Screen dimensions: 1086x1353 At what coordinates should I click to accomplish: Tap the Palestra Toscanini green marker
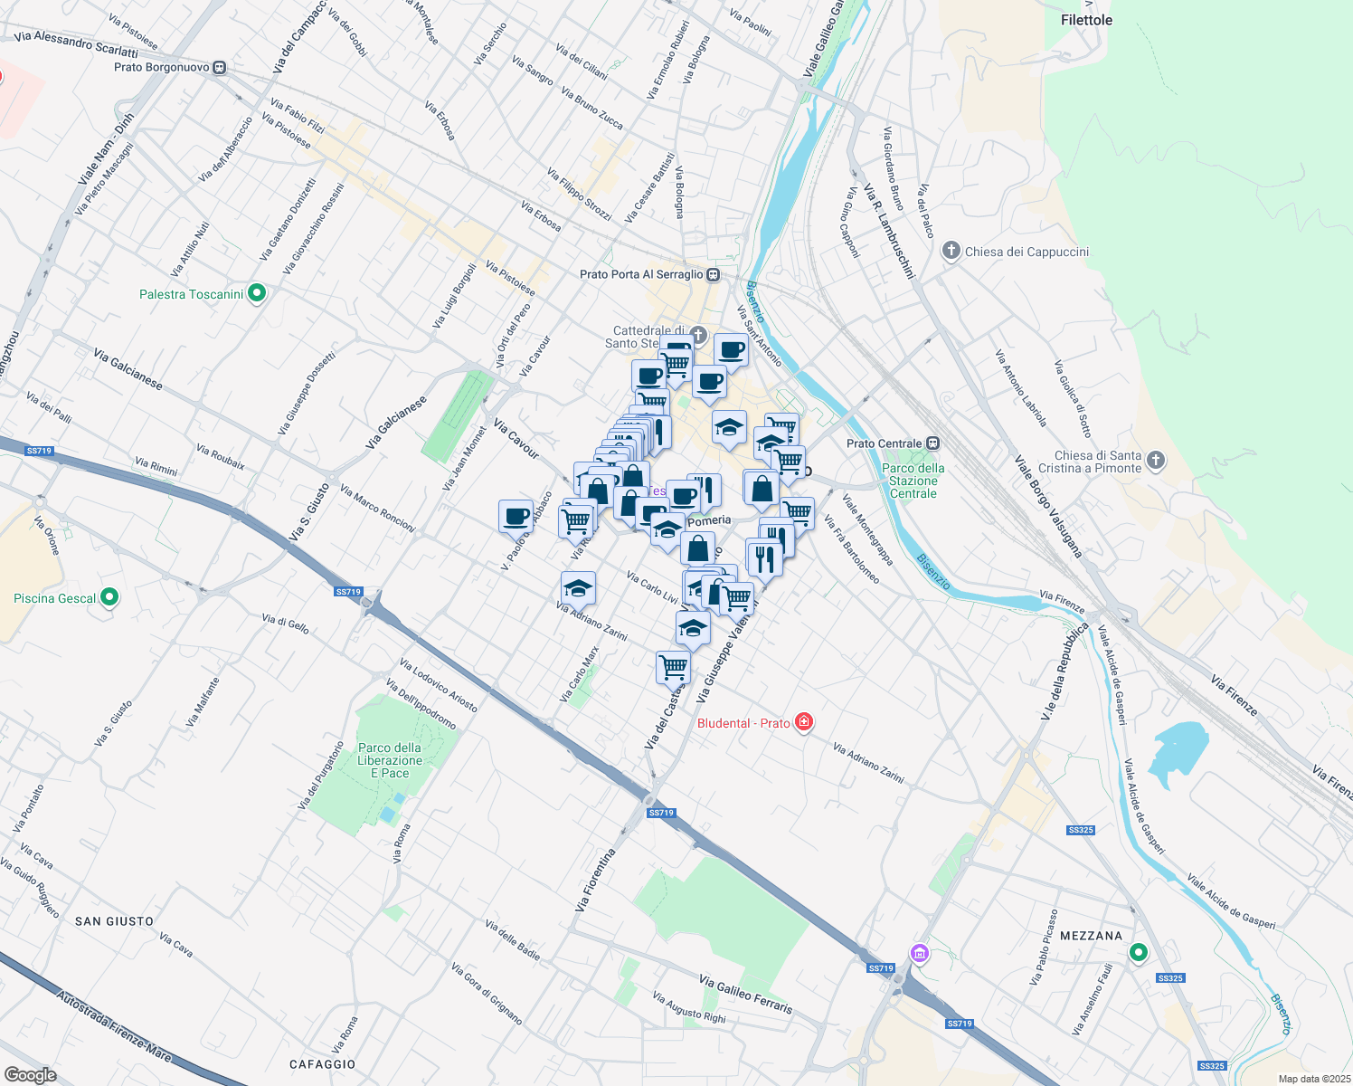pos(257,293)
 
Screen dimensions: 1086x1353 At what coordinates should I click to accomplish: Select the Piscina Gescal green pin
pos(109,597)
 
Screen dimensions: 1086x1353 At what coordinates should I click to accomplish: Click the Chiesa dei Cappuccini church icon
pos(951,251)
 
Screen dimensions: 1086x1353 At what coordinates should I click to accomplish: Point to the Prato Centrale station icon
pos(932,443)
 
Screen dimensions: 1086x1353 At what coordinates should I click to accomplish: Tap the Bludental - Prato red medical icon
pos(803,721)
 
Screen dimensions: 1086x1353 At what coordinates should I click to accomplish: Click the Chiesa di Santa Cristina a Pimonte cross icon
pos(1155,461)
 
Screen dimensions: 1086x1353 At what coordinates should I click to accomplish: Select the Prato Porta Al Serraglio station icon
pos(714,274)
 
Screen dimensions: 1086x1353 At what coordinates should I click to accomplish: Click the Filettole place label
pos(1086,20)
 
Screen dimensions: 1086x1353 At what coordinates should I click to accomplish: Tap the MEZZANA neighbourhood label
pos(1091,936)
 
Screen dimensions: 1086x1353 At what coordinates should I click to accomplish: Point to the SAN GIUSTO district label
pos(114,921)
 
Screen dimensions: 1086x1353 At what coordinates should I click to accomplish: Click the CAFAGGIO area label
pos(322,1064)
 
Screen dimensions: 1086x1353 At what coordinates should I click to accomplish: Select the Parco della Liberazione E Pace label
pos(390,760)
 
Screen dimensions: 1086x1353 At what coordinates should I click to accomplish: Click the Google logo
pos(30,1074)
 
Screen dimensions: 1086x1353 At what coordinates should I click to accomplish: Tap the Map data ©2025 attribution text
pos(1313,1079)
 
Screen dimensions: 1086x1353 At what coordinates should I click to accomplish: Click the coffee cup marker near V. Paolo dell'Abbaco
pos(516,517)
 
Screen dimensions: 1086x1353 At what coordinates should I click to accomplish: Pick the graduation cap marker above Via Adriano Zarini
pos(578,589)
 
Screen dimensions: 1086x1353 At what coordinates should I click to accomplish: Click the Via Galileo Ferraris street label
pos(745,994)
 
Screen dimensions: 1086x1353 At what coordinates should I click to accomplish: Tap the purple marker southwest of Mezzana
pos(920,952)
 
